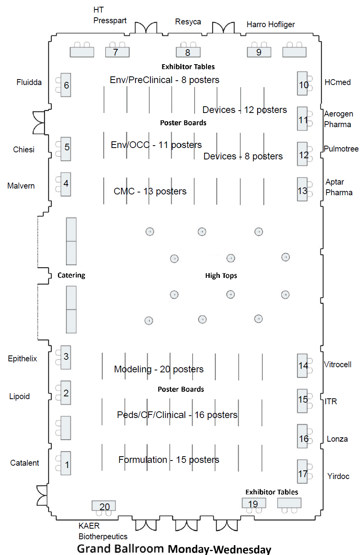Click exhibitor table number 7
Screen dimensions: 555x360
[117, 52]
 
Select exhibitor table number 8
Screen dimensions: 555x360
[188, 52]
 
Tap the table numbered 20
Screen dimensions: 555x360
[104, 506]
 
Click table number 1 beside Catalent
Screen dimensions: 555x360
[66, 464]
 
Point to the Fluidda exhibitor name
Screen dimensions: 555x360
[29, 82]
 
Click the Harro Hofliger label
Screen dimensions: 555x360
[271, 24]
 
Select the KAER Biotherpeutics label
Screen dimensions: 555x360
[102, 531]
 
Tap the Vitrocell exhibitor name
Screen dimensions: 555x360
[338, 364]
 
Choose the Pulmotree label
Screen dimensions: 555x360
[341, 149]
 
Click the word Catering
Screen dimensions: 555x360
[71, 275]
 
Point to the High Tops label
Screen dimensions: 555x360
[221, 276]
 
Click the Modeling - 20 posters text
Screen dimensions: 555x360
[159, 369]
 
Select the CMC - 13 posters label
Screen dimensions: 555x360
[150, 191]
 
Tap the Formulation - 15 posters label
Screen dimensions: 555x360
[169, 460]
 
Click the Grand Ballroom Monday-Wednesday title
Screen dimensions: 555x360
[174, 549]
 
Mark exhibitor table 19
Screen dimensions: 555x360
[254, 503]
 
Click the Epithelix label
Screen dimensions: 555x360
[22, 359]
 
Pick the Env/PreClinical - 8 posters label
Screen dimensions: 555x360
[164, 80]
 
